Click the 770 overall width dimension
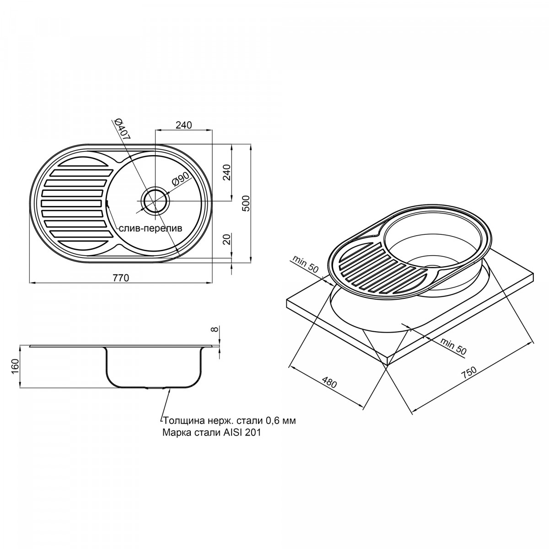click(x=121, y=278)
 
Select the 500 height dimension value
click(x=245, y=203)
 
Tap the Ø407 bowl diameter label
click(x=122, y=129)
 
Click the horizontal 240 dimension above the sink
click(x=184, y=125)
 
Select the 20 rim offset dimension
click(x=226, y=239)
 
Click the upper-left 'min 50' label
click(x=305, y=264)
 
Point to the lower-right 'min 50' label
click(x=453, y=346)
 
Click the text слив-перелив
click(x=150, y=228)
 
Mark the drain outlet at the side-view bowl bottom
click(x=156, y=388)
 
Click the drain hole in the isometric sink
click(x=433, y=266)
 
